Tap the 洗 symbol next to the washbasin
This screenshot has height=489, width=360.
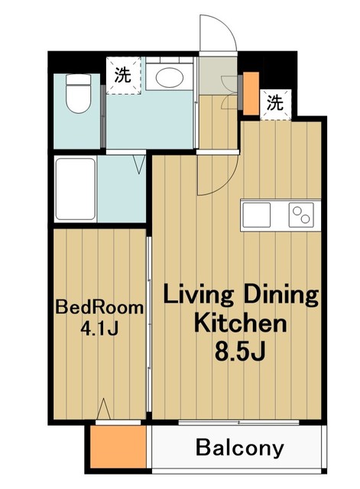click(x=122, y=76)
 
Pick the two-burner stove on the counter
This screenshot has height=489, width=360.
click(x=301, y=215)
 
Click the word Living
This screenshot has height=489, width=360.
click(x=200, y=294)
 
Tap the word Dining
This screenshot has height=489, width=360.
click(x=281, y=294)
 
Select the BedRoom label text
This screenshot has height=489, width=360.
click(x=99, y=308)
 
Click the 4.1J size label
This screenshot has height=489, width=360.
click(x=99, y=329)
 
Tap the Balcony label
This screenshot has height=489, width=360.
click(x=239, y=448)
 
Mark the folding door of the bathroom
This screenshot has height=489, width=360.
click(x=139, y=163)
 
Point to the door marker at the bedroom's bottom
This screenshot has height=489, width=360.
click(x=105, y=410)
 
